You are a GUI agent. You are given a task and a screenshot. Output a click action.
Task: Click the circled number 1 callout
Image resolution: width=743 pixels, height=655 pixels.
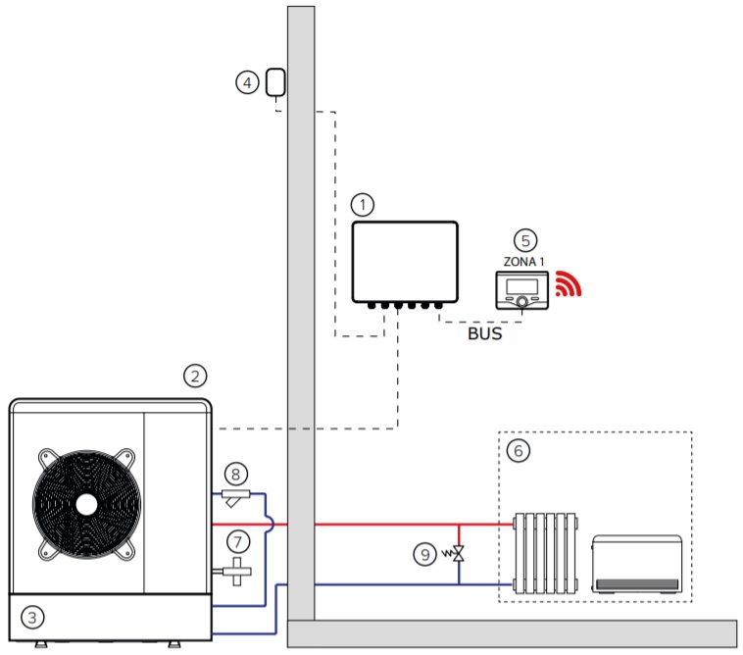point(363,205)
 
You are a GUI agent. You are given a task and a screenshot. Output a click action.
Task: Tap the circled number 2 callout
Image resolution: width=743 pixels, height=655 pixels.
point(195,377)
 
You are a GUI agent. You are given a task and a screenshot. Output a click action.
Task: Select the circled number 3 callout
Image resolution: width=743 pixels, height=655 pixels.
point(32,618)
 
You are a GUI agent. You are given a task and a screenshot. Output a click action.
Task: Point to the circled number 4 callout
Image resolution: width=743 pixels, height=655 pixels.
point(247,83)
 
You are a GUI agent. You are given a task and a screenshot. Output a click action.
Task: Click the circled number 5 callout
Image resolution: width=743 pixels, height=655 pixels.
point(525,241)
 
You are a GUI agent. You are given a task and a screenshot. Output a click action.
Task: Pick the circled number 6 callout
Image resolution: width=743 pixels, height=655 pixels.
point(519,451)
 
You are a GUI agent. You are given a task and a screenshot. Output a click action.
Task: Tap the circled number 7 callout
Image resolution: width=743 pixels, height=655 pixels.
point(238,541)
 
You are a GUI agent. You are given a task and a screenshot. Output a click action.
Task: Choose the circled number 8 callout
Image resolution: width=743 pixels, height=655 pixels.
point(236,474)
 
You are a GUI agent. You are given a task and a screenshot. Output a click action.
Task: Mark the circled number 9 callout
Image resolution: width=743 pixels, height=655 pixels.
point(425,555)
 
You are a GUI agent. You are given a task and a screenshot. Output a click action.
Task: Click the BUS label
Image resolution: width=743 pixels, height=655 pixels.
point(485,333)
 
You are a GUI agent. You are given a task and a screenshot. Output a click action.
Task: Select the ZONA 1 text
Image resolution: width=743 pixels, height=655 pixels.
point(523,262)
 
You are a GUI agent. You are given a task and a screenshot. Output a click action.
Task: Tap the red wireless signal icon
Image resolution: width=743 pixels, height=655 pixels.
point(569,284)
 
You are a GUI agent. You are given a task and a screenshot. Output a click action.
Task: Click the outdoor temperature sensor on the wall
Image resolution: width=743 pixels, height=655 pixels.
point(275,82)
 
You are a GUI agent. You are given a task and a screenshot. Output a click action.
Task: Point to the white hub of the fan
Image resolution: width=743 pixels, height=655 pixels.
point(86,505)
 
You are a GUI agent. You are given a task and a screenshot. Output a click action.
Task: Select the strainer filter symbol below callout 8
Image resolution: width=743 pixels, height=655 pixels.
point(235,497)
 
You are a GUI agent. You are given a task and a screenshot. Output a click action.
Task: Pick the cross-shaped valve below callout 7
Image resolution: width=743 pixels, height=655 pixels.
point(236,571)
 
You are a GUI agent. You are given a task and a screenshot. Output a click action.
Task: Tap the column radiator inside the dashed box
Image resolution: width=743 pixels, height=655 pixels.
point(545,553)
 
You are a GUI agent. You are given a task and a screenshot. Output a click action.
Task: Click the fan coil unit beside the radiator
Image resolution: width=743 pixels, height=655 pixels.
point(637,564)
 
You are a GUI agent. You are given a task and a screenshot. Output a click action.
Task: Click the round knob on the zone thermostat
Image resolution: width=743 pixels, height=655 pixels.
point(522,301)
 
